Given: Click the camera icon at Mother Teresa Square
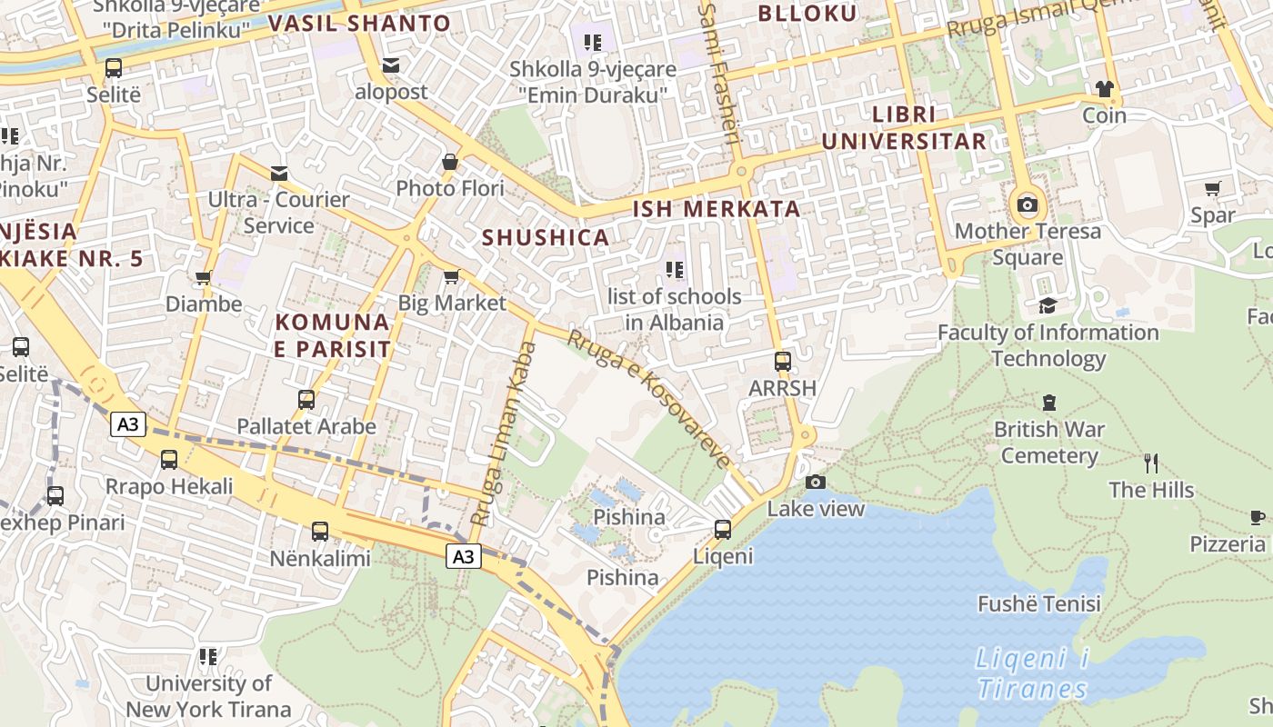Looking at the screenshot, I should click(1027, 204).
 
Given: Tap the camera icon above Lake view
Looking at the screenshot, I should click(816, 482).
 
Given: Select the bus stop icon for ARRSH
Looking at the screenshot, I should click(782, 361).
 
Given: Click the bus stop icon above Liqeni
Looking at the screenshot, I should click(723, 529).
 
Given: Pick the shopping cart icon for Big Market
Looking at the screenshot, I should click(451, 276).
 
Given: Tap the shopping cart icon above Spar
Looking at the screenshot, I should click(1212, 189).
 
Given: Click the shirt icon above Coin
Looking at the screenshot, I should click(1104, 89).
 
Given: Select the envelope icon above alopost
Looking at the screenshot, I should click(391, 65).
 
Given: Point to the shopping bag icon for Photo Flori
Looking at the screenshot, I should click(449, 163).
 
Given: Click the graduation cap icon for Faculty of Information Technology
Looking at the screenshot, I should click(1047, 305).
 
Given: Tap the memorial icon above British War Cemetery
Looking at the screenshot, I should click(1048, 402).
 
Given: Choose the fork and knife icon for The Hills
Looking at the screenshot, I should click(1151, 463).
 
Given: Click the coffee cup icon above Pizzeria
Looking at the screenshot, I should click(1258, 517).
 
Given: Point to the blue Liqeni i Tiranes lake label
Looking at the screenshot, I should click(1032, 673).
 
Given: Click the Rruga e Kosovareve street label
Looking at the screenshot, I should click(648, 398).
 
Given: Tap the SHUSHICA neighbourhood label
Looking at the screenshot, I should click(545, 237).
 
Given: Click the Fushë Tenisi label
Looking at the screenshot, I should click(1038, 603).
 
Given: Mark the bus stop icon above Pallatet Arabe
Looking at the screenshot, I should click(306, 399).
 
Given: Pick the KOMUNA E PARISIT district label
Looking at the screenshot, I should click(333, 335).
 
